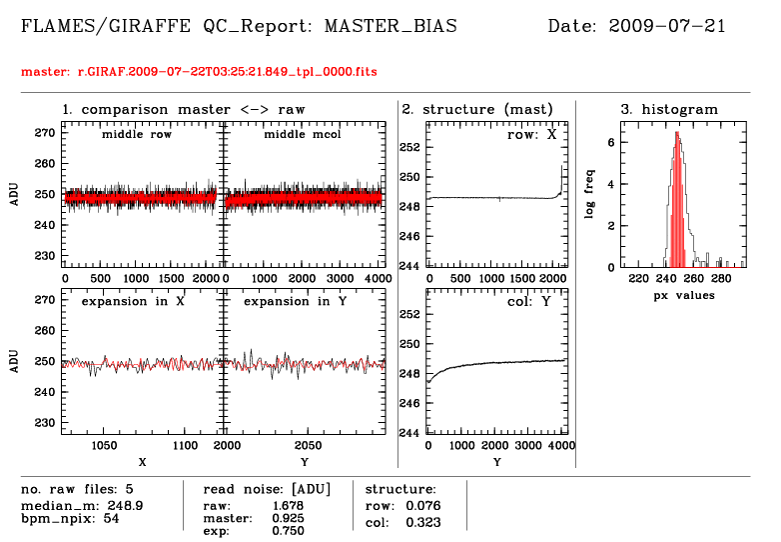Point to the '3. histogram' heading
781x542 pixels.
point(669,108)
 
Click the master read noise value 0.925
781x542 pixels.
point(288,518)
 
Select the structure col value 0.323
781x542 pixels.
point(423,521)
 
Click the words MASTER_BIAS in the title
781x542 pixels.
point(390,26)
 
